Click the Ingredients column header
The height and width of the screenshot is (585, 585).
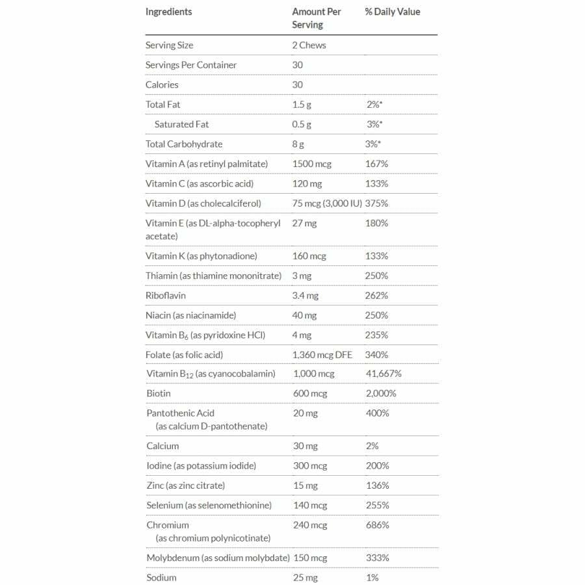[168, 12]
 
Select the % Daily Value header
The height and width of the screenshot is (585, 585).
[392, 12]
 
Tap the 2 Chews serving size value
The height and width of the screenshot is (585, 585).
[309, 45]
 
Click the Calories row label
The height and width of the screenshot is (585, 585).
[162, 84]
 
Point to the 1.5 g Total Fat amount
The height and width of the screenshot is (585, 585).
[302, 104]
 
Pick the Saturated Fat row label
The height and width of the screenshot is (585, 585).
[181, 124]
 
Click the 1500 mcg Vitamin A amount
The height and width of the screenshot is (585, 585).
[311, 164]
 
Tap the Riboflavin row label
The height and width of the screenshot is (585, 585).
[166, 295]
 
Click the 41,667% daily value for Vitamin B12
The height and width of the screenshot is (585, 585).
[383, 374]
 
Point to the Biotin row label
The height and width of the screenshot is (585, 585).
[159, 393]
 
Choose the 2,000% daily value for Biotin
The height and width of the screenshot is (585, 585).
[381, 393]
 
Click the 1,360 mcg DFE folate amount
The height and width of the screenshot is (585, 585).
[322, 354]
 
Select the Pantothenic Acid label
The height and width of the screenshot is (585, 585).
[180, 413]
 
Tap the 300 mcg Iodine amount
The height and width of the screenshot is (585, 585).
[309, 465]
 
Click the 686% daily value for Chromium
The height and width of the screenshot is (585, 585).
[377, 525]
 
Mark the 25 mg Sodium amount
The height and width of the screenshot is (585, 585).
[305, 577]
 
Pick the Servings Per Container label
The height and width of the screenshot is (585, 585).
[191, 65]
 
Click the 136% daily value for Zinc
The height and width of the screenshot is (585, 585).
[377, 486]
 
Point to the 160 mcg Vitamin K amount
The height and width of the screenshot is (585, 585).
[309, 256]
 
